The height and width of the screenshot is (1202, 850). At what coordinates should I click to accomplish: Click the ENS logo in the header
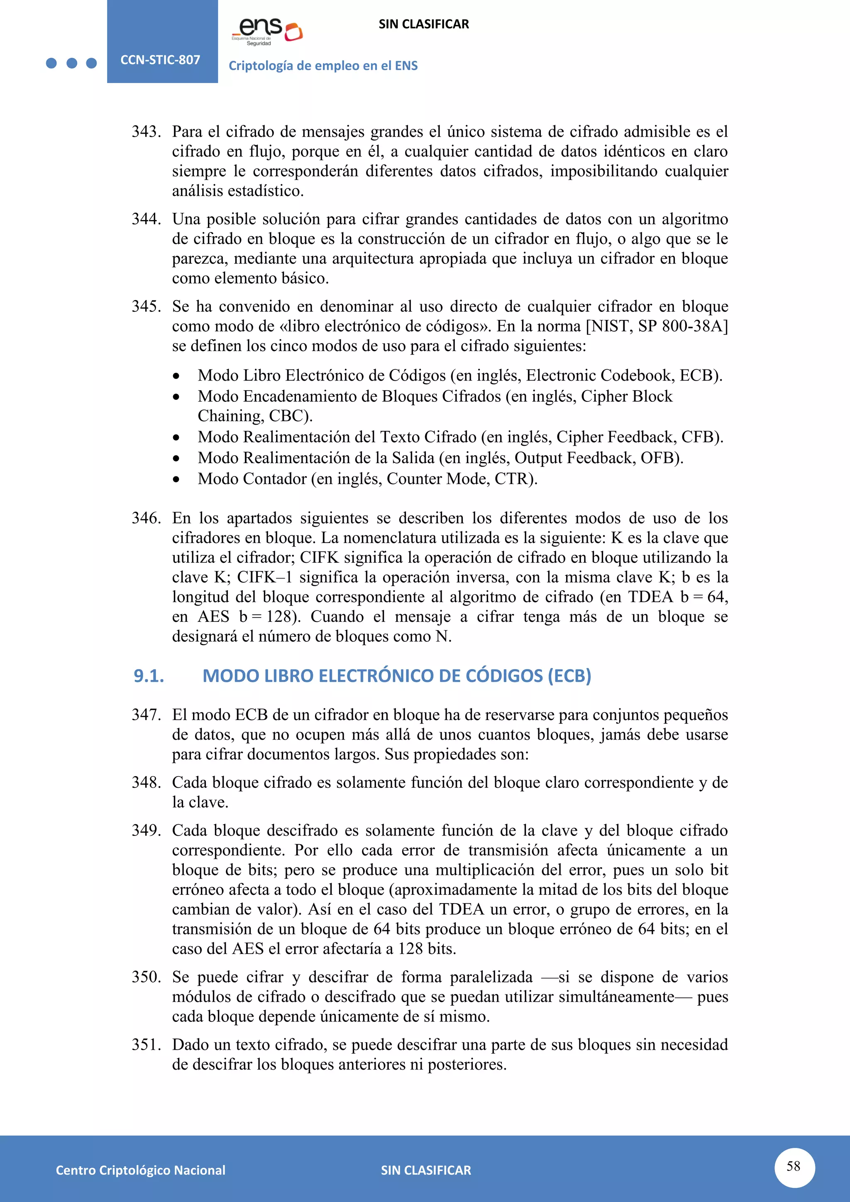[267, 32]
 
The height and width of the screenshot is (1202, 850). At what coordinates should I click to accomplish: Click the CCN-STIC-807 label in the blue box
[160, 60]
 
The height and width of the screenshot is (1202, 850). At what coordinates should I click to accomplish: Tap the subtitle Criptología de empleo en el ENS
[323, 66]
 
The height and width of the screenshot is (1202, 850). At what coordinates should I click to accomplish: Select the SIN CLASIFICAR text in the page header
[423, 24]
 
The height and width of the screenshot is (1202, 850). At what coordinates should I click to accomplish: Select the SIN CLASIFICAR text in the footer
[425, 1170]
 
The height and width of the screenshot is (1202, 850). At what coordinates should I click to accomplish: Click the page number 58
[794, 1166]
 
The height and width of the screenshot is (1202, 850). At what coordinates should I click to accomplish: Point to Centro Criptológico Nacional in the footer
[140, 1170]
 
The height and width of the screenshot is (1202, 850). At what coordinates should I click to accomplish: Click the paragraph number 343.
[146, 132]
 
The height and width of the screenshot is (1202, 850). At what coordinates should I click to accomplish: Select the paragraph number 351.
[146, 1044]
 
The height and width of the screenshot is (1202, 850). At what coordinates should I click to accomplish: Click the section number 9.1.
[149, 676]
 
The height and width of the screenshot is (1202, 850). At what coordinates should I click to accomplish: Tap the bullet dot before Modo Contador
[176, 479]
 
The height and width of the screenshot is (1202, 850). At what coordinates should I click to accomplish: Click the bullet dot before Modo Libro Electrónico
[176, 376]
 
